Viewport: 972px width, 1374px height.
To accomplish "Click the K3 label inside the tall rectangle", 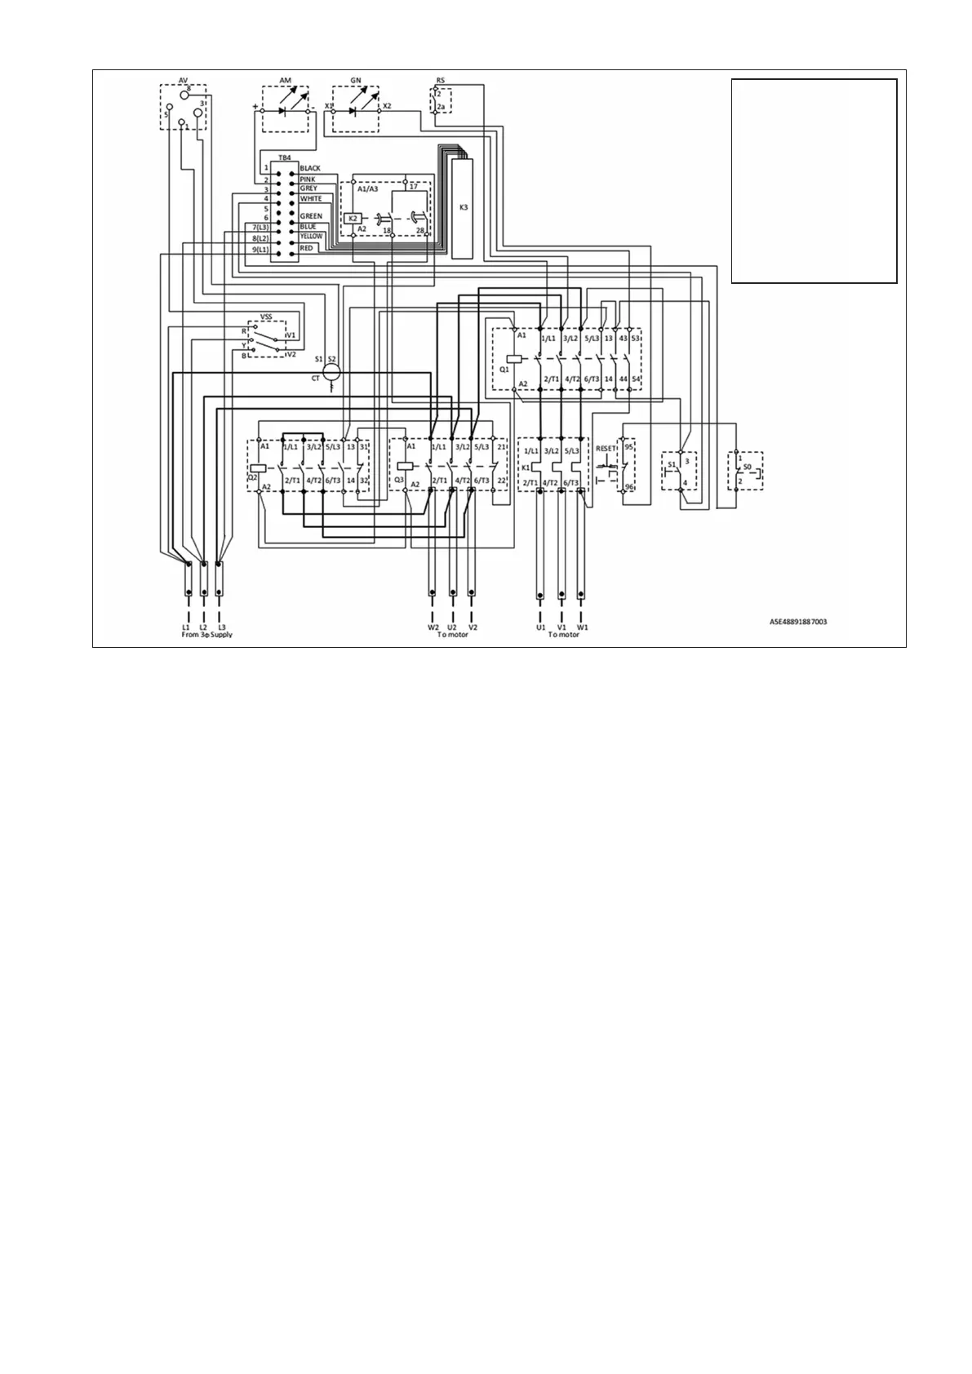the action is [x=464, y=208].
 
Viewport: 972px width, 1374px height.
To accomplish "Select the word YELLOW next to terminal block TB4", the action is [x=312, y=237].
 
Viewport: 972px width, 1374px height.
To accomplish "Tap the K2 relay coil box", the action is [x=353, y=218].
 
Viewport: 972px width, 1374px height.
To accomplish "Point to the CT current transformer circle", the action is [x=331, y=372].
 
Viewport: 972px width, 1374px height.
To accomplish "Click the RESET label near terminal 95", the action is [x=606, y=449].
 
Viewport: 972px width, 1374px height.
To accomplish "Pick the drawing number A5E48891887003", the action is [x=798, y=621].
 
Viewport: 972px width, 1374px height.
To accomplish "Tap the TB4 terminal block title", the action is [x=284, y=157].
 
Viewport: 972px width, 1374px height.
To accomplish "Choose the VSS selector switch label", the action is [x=266, y=316].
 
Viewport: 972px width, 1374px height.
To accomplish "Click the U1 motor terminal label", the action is [x=540, y=627].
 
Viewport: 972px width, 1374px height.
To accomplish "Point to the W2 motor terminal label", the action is [x=433, y=627].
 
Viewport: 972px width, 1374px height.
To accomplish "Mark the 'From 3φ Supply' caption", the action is [x=206, y=635].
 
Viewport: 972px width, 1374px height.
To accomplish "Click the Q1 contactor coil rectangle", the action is [x=514, y=358].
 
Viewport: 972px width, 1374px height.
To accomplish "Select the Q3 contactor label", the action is [x=399, y=480].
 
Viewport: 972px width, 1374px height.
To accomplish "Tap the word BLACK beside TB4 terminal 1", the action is [x=310, y=168].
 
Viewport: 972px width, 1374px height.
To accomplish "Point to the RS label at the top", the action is [x=440, y=81].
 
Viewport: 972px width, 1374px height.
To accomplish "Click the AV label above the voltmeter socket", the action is [x=183, y=81].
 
